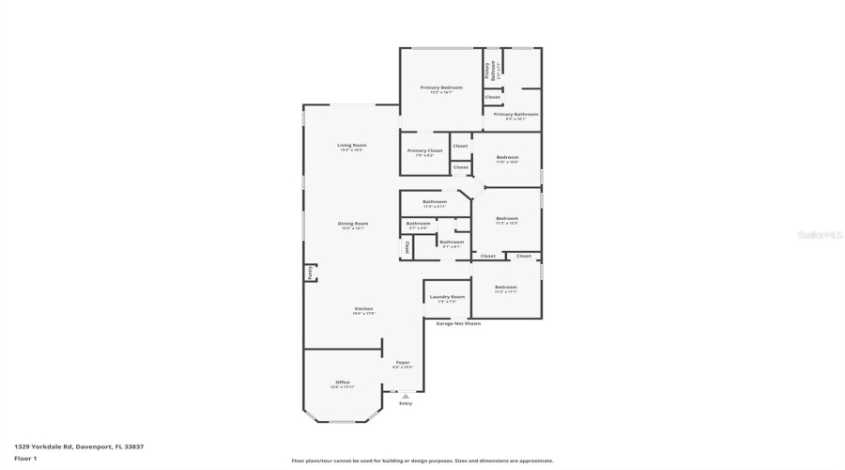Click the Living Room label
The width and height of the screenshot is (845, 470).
click(x=352, y=146)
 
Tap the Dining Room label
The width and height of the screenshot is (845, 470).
click(x=353, y=224)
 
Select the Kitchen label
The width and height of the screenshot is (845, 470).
click(x=363, y=309)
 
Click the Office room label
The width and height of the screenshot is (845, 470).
click(x=343, y=383)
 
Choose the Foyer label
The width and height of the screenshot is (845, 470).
click(x=402, y=363)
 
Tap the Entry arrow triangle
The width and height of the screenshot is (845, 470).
click(x=406, y=396)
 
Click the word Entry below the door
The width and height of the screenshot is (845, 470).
click(x=406, y=404)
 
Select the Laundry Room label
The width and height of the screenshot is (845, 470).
click(x=447, y=297)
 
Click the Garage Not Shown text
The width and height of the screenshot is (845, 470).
click(x=458, y=323)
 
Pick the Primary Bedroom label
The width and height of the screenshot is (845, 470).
click(x=440, y=87)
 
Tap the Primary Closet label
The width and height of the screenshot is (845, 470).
click(x=424, y=150)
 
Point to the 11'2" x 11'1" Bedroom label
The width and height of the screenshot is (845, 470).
click(x=505, y=287)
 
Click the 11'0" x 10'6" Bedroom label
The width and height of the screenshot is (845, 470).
click(x=507, y=157)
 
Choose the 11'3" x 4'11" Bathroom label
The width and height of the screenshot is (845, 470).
click(x=434, y=202)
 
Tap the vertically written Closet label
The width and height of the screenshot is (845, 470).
click(x=407, y=248)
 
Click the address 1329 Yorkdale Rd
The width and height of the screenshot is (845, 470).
click(x=79, y=446)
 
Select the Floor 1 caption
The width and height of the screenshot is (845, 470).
click(x=25, y=458)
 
